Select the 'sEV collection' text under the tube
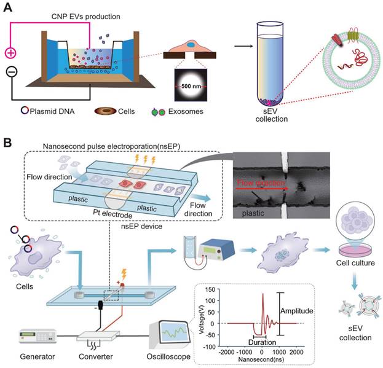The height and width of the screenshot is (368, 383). [x=273, y=115]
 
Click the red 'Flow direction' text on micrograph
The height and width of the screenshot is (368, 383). [x=261, y=182]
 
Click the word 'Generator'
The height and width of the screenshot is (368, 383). [x=29, y=356]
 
